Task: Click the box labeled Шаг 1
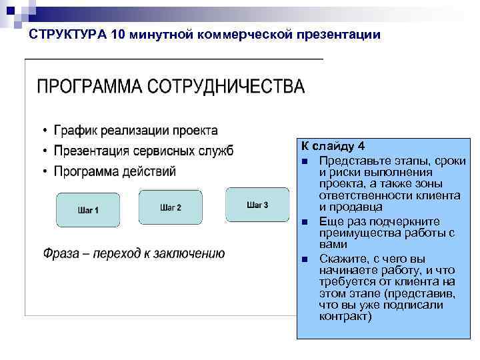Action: (88, 210)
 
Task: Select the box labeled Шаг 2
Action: (171, 207)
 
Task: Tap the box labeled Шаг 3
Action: (257, 204)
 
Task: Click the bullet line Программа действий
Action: (115, 171)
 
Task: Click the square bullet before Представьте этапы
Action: (304, 162)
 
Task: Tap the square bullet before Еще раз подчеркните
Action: (304, 221)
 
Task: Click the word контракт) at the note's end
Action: (345, 316)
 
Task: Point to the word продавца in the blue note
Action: (356, 207)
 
